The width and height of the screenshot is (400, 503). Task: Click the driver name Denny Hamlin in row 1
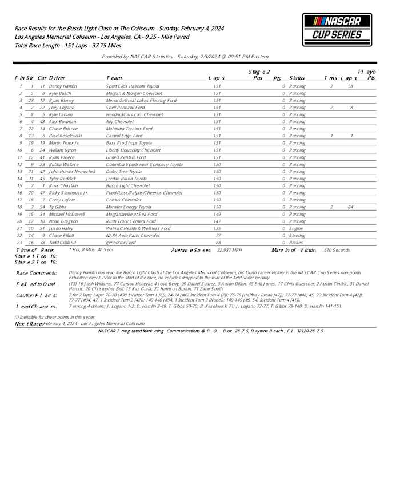63,86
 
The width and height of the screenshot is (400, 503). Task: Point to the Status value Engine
296,228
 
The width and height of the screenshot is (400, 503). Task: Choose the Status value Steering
297,235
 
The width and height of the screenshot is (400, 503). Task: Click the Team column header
114,77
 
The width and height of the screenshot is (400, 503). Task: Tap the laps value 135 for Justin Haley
217,228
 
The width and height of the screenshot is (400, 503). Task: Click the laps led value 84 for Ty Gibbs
351,207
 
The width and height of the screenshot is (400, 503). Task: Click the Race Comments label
36,273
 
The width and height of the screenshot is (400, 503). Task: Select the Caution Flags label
36,295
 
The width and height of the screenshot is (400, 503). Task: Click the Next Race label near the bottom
28,323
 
